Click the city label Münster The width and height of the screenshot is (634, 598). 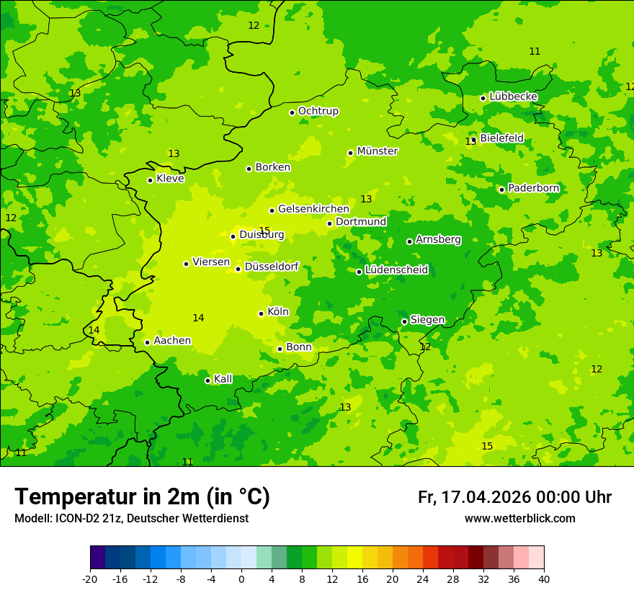377,151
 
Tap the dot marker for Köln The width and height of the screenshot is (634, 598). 261,313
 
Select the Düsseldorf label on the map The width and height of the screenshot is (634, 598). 271,267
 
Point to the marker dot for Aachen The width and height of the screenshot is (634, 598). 147,342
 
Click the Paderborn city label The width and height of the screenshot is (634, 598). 533,188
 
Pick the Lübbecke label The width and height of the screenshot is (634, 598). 513,97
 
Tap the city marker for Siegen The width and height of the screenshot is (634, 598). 404,321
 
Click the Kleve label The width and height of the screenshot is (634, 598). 170,179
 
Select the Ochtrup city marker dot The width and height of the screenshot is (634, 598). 292,112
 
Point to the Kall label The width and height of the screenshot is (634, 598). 223,379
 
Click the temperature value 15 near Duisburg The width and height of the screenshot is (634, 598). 264,231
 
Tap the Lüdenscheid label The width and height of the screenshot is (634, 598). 396,270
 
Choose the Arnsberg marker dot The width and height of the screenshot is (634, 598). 409,241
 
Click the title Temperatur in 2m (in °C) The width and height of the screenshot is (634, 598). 142,496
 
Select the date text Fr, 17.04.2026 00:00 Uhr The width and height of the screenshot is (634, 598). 514,497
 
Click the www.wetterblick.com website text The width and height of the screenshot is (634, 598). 519,519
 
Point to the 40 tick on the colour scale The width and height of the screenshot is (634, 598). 543,579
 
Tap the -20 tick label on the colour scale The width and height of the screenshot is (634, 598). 89,579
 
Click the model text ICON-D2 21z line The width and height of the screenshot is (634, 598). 131,519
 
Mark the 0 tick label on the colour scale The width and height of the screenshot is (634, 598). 241,579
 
